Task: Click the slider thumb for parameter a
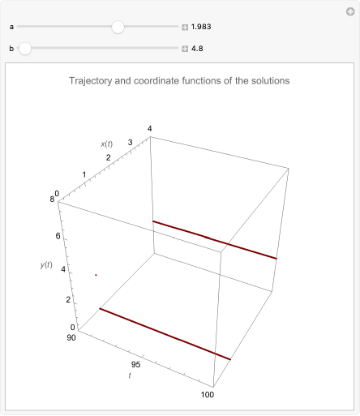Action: pyautogui.click(x=118, y=27)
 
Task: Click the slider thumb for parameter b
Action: pyautogui.click(x=25, y=49)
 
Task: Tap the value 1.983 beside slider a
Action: pyautogui.click(x=201, y=27)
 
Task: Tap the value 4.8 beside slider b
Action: pyautogui.click(x=197, y=49)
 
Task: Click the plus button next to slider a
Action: pyautogui.click(x=185, y=27)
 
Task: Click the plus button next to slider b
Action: pyautogui.click(x=185, y=49)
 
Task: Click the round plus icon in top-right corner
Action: pyautogui.click(x=350, y=11)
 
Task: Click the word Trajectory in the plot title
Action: pyautogui.click(x=91, y=81)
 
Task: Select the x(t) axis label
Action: pyautogui.click(x=107, y=144)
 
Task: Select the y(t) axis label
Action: pyautogui.click(x=46, y=265)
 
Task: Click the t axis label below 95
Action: pyautogui.click(x=130, y=375)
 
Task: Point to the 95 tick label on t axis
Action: pyautogui.click(x=135, y=365)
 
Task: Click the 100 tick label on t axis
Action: pyautogui.click(x=208, y=395)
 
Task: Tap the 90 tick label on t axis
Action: pyautogui.click(x=71, y=337)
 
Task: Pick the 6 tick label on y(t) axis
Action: pyautogui.click(x=58, y=236)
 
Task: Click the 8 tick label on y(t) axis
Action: pyautogui.click(x=52, y=199)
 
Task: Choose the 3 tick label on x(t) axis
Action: pyautogui.click(x=131, y=142)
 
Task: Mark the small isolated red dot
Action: pyautogui.click(x=96, y=275)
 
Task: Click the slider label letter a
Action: pyautogui.click(x=11, y=27)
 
